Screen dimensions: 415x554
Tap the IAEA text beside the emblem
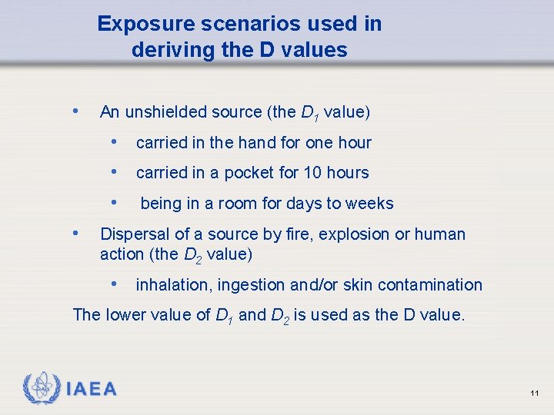92,390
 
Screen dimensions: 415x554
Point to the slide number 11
534,393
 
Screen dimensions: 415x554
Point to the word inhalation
173,285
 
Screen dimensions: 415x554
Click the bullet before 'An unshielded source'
75,111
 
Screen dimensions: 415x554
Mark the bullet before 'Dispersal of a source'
75,232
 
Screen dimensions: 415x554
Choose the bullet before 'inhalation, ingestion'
114,284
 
